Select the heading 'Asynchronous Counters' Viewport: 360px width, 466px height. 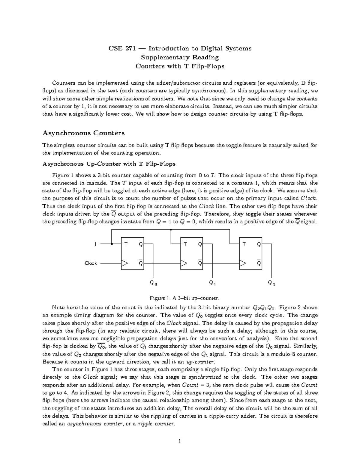coord(83,133)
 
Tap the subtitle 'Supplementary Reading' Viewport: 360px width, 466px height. coord(180,57)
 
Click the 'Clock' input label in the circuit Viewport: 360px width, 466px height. coord(90,263)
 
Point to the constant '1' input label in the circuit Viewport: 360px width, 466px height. coord(95,244)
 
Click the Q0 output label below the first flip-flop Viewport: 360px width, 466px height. coord(153,283)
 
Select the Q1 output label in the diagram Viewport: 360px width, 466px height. coord(212,283)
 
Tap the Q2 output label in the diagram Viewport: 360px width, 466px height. coord(271,283)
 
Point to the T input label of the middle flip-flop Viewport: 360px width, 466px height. coord(185,244)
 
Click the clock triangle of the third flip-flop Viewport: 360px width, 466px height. coord(243,263)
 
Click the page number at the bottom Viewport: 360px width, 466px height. coord(180,441)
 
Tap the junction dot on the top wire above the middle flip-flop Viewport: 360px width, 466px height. coord(171,230)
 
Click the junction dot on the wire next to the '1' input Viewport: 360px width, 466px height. coord(112,244)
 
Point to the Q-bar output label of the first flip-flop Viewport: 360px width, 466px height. coord(140,263)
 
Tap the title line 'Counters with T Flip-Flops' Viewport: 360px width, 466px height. coord(180,66)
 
